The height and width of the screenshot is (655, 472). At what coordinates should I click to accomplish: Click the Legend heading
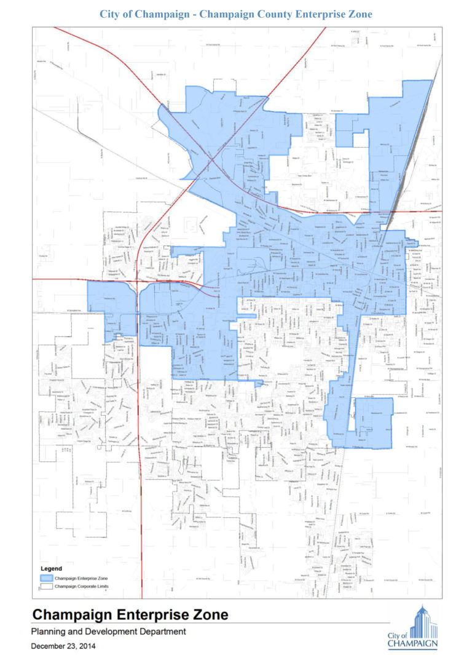point(51,568)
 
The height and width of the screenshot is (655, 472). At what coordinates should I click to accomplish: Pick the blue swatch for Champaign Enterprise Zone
point(45,579)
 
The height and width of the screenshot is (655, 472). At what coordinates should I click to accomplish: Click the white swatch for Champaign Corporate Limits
point(45,587)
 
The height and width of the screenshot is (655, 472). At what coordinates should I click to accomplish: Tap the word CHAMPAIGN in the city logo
point(412,645)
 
